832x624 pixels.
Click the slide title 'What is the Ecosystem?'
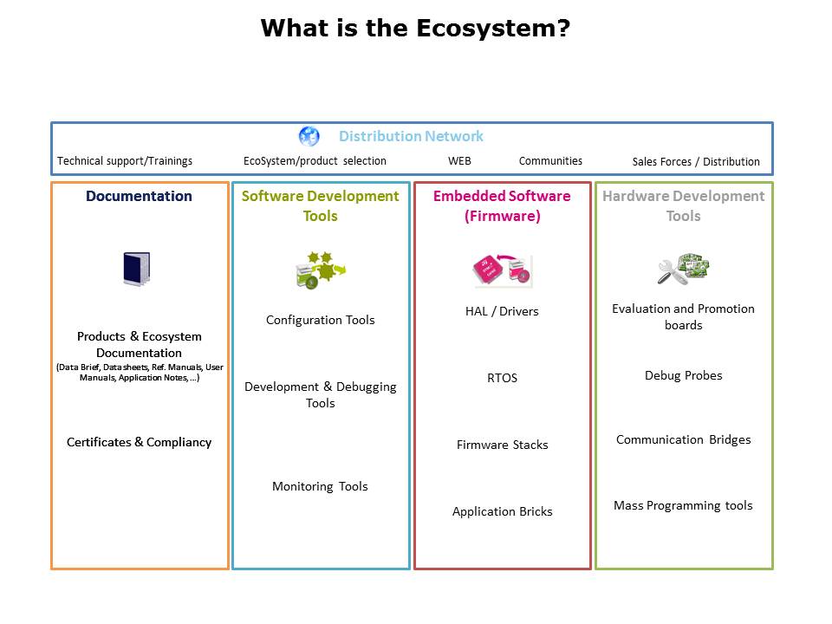click(x=415, y=28)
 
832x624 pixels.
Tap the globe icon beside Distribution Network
click(x=309, y=136)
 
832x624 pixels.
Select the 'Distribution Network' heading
click(x=411, y=136)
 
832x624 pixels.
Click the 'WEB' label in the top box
click(x=459, y=161)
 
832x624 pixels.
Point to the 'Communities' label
click(x=550, y=161)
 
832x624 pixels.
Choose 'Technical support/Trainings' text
click(x=125, y=161)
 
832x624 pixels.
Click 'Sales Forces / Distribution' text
click(x=696, y=161)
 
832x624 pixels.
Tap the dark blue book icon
click(x=137, y=269)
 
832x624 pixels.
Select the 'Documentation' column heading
click(x=139, y=196)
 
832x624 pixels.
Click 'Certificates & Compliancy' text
click(x=139, y=442)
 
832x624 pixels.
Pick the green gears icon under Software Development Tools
click(x=321, y=270)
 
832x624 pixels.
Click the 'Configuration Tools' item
click(x=321, y=320)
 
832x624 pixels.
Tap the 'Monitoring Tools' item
click(x=320, y=486)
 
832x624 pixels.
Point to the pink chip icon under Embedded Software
click(x=502, y=270)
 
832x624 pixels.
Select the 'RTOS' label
click(x=502, y=378)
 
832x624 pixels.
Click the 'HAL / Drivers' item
click(x=502, y=311)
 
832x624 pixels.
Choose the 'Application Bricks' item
click(x=503, y=511)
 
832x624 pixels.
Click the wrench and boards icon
click(x=684, y=269)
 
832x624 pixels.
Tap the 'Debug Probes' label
click(x=684, y=375)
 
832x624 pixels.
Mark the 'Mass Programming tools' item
click(x=683, y=505)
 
